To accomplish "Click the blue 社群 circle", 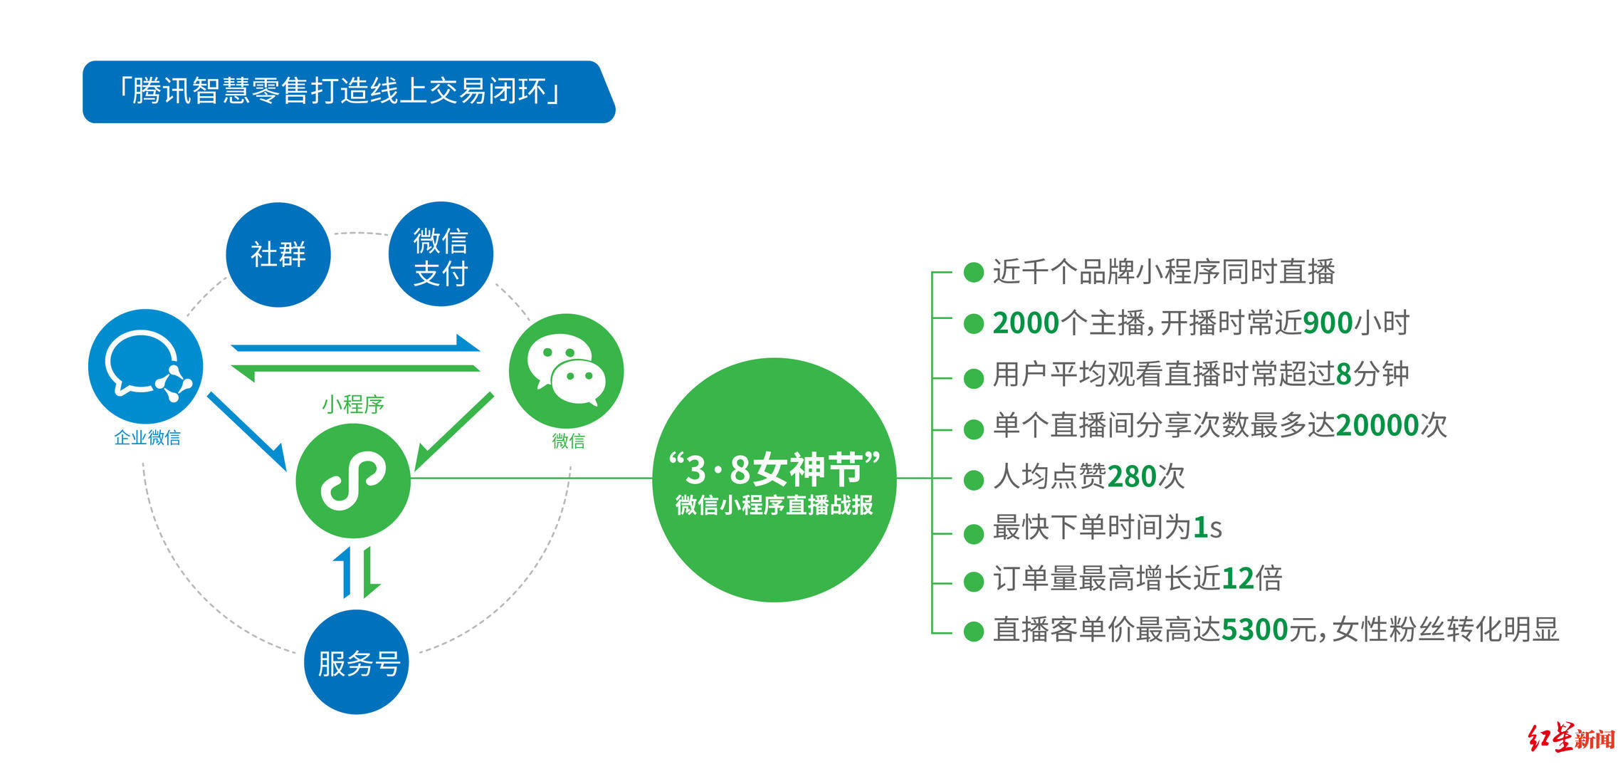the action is coord(278,255).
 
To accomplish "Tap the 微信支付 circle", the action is coord(441,255).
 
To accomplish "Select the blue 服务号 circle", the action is coord(357,662).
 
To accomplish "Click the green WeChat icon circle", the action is coord(566,371).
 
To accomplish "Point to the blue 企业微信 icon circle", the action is coord(146,366).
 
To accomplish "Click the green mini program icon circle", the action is coord(353,481).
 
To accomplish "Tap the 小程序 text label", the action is coord(353,404).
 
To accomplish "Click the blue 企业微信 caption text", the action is coord(147,437).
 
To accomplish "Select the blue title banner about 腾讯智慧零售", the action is coord(349,92).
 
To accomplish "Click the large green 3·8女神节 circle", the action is coord(774,480).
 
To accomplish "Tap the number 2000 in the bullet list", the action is coord(1026,323).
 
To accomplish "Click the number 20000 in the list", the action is coord(1378,426).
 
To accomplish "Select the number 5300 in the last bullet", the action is coord(1255,630).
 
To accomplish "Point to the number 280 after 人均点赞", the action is coord(1132,477).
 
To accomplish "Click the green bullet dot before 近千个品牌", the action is coord(973,272).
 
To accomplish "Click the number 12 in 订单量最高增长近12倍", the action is coord(1238,579).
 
